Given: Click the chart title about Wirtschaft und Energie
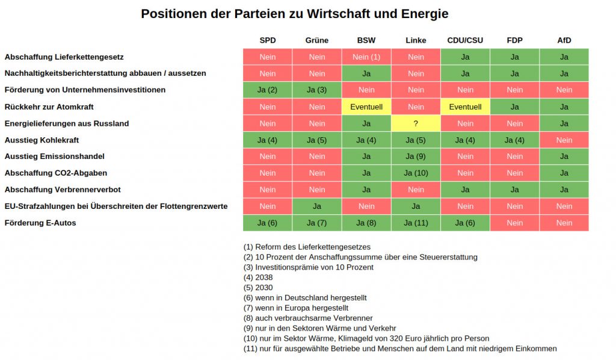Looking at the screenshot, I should (294, 13).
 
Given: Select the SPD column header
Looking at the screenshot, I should (268, 40).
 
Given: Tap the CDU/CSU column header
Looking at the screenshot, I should (465, 40).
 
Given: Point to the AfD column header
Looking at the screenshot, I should (564, 40).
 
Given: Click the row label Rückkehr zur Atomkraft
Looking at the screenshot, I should (49, 107).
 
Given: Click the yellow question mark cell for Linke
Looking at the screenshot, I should (416, 123).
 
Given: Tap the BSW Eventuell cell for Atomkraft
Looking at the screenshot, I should (366, 107).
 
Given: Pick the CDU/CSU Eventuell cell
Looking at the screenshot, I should (465, 107).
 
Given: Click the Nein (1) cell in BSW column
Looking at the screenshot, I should (366, 57).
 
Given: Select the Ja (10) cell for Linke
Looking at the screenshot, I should (416, 173).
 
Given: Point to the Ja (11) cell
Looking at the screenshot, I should (416, 223).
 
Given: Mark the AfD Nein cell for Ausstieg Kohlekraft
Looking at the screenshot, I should (564, 140).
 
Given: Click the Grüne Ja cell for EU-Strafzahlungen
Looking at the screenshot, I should (317, 206).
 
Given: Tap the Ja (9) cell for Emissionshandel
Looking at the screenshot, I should (416, 157).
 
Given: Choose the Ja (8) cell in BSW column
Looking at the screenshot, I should (366, 223).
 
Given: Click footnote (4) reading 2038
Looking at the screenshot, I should (258, 278).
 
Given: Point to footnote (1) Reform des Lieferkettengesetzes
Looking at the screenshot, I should (307, 247).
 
